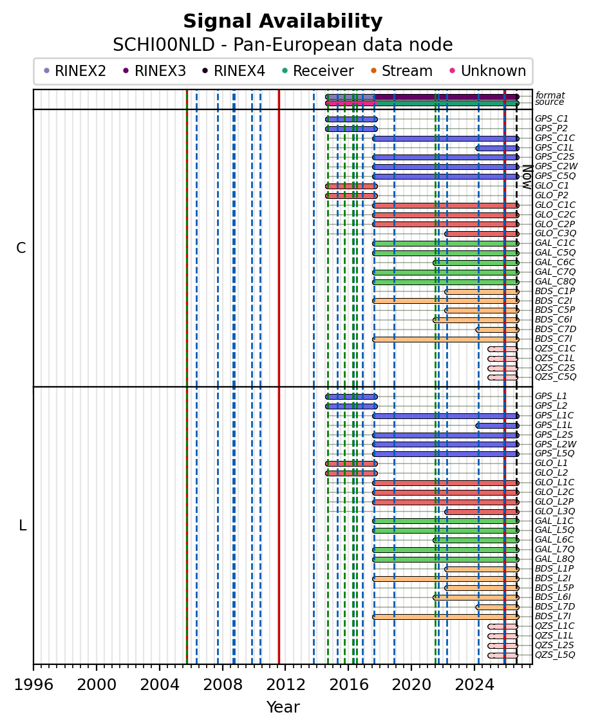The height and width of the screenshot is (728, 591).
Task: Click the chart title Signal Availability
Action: tap(283, 21)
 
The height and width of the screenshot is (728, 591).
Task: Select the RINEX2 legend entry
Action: tap(75, 71)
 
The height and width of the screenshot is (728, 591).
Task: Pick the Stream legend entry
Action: tap(401, 71)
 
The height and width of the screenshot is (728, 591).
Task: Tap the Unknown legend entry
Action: tap(488, 71)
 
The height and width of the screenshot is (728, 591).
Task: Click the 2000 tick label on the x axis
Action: tap(97, 685)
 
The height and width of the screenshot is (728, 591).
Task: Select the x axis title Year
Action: tap(283, 707)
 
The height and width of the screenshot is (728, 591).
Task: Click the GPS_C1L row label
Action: tap(554, 147)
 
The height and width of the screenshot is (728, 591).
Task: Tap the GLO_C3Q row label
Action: tap(555, 234)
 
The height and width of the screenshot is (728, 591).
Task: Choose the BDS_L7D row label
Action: tap(555, 607)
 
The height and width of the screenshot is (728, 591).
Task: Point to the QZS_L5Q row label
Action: tap(555, 655)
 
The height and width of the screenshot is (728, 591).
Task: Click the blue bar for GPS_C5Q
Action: tap(446, 176)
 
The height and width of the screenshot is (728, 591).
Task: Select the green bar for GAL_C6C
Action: tap(476, 263)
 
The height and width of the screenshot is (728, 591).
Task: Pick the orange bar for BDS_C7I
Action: tap(446, 339)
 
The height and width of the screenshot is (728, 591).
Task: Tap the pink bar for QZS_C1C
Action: tap(502, 349)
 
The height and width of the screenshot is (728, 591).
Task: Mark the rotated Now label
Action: tap(527, 177)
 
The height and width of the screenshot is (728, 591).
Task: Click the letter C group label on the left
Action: tap(21, 248)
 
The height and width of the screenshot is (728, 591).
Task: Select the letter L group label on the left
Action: tap(23, 526)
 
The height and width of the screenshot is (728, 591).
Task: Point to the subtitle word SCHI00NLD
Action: tap(164, 45)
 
